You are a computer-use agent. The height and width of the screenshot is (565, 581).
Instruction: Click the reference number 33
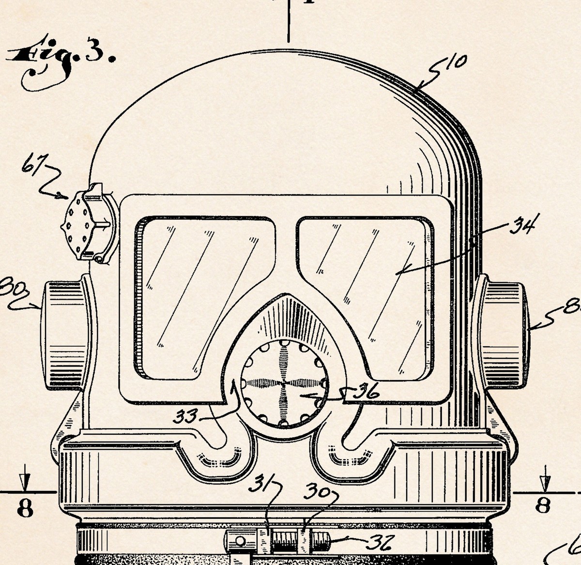pos(185,415)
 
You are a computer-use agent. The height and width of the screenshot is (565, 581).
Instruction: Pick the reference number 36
pos(367,392)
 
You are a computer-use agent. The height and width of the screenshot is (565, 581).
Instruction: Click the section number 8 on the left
pos(25,508)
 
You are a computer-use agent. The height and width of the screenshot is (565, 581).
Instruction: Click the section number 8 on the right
pos(543,506)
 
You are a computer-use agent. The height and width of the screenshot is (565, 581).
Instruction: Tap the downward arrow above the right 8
pos(545,479)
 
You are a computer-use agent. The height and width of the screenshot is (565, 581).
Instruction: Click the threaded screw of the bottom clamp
pos(286,538)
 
